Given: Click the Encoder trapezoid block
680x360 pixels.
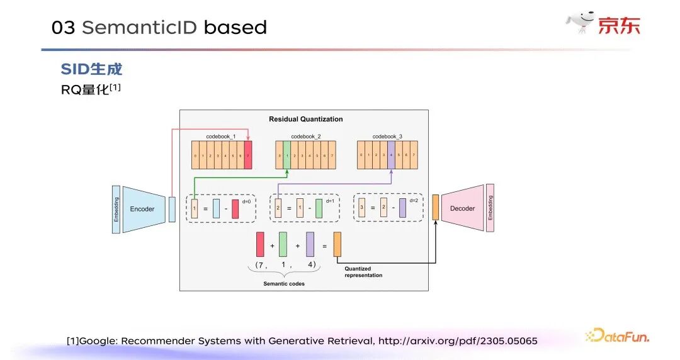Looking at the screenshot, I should [142, 209].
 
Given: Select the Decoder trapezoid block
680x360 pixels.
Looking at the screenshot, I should [462, 208].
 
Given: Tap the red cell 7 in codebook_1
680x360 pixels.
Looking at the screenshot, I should [248, 155].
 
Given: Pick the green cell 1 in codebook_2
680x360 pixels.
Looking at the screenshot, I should [286, 155].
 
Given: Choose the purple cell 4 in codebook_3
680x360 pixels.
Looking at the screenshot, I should [391, 155].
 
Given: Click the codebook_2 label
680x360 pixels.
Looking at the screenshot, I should [306, 137].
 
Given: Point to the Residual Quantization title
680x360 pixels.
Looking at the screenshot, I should [306, 119].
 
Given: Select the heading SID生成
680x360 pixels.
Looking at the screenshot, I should [91, 69].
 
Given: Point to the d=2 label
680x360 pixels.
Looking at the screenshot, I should [414, 200].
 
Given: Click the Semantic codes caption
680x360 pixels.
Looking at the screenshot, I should [284, 284].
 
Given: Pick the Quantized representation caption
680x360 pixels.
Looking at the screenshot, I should [364, 272].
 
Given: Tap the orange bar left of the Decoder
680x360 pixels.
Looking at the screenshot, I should [435, 208].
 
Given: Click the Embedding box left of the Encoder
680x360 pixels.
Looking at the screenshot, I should [116, 210].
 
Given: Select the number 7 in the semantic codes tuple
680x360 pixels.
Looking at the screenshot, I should [260, 265].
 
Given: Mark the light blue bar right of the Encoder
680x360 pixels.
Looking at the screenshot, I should [172, 209].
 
